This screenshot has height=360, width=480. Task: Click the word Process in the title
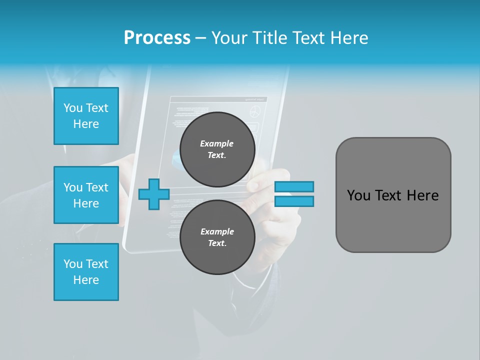pos(157,38)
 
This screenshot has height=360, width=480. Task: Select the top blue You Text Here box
pos(86,116)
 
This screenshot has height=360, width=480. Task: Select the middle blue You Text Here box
pos(86,195)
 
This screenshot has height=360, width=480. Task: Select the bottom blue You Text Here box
pos(86,272)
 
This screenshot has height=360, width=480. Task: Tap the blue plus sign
pos(153,194)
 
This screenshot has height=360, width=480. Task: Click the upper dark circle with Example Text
pos(217,149)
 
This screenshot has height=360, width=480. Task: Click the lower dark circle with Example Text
pos(217,237)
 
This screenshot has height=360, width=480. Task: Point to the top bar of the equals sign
pos(294,186)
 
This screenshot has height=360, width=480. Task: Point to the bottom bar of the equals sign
pos(294,201)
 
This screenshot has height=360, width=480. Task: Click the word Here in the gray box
pos(422,195)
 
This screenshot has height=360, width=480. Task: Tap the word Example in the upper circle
pos(217,143)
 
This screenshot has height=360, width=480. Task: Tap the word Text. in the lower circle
pos(217,243)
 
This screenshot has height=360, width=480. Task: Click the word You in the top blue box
pos(73,108)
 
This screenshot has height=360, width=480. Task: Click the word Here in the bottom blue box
pos(86,280)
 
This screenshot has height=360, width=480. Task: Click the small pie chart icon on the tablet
pos(255,111)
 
